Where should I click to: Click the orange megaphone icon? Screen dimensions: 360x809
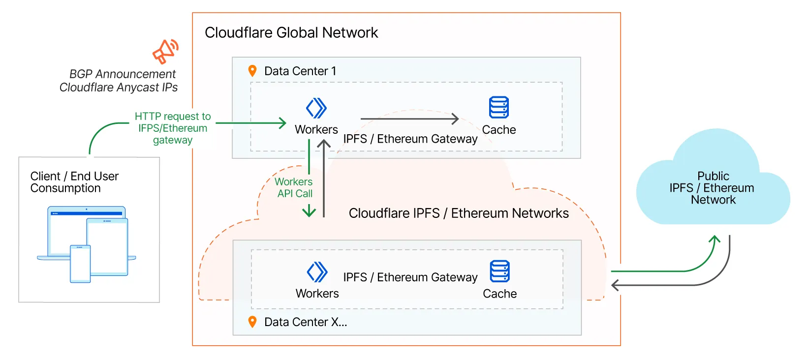[x=165, y=52]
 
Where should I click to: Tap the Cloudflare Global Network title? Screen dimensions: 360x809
[x=291, y=32]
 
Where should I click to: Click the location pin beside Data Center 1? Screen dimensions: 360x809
[x=252, y=71]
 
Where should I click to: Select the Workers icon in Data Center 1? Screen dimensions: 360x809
[x=316, y=108]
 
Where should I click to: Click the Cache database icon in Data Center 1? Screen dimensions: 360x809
[x=499, y=107]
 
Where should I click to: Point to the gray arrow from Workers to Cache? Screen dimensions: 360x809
[x=409, y=119]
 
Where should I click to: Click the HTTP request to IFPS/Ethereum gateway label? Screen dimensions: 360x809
[x=173, y=128]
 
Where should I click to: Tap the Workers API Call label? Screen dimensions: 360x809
[x=294, y=187]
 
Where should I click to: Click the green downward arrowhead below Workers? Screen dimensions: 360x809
[x=309, y=212]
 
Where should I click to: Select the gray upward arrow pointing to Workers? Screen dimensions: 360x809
[x=324, y=177]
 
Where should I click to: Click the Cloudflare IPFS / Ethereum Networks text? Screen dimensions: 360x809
[x=459, y=213]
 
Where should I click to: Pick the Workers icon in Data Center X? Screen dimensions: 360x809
[x=317, y=271]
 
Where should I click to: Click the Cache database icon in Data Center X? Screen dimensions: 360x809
[x=500, y=271]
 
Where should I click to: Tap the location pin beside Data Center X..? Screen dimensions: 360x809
[x=252, y=322]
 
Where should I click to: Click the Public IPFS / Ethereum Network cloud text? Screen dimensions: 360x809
[x=713, y=188]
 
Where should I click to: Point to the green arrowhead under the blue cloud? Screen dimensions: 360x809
[x=715, y=240]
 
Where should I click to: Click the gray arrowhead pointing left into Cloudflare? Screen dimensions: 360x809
[x=616, y=285]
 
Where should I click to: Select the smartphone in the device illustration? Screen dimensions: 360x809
[x=80, y=264]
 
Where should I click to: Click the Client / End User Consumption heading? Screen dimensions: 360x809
[x=74, y=182]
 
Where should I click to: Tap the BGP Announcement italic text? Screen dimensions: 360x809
[x=122, y=74]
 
